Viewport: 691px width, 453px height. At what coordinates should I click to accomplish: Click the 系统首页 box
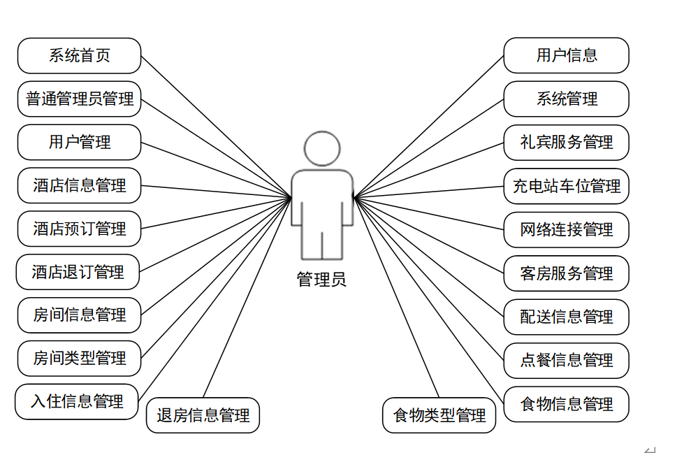79,56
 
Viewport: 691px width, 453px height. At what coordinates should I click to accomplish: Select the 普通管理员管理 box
79,99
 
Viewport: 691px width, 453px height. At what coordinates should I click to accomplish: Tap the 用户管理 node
79,143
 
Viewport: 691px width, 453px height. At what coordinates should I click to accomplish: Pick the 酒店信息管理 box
79,185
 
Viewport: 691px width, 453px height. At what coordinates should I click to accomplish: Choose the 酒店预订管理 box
79,229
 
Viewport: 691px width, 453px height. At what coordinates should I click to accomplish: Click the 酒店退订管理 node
78,272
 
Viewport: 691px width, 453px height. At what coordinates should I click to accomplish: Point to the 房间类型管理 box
79,359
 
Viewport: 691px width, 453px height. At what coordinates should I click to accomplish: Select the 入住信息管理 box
77,401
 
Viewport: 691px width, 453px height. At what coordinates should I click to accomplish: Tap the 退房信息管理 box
203,415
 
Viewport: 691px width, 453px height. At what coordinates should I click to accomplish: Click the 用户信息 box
566,55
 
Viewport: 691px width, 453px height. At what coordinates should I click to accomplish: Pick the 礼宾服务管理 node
566,143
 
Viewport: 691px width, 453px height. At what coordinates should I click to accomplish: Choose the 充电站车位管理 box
566,186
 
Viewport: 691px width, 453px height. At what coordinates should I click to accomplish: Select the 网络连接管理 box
566,229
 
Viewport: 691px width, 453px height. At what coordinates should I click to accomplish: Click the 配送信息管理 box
566,317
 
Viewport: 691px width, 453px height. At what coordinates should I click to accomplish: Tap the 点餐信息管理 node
566,360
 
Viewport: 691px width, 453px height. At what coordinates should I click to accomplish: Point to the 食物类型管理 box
439,416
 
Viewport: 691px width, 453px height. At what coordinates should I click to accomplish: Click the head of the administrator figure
322,148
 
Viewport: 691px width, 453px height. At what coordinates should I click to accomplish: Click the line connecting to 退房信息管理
247,298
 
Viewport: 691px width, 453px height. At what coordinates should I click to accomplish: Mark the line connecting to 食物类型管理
397,298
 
